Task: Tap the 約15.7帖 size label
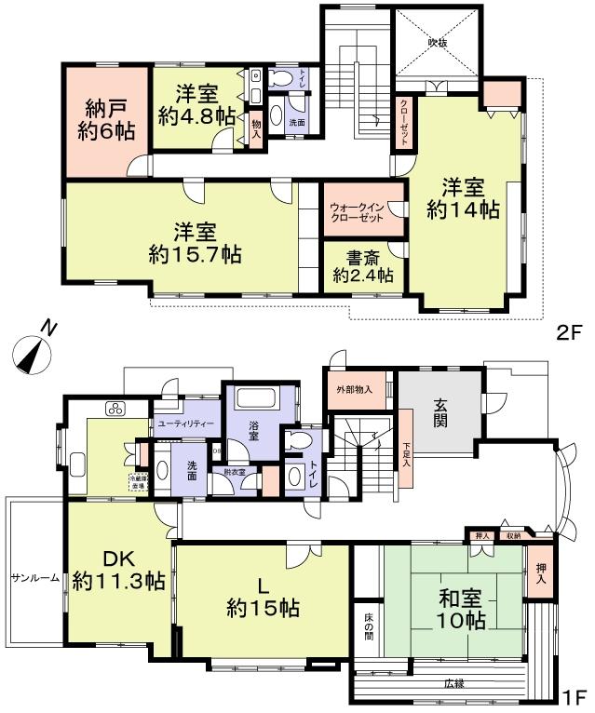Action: point(195,252)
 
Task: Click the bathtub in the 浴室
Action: point(259,399)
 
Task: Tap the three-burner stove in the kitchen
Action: point(115,408)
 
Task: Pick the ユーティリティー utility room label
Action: point(186,424)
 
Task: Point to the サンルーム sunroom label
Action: point(35,578)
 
